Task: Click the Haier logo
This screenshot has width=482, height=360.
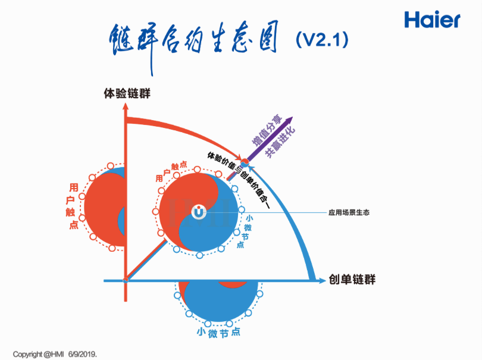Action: point(432,19)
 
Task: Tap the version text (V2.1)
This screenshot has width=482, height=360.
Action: point(321,39)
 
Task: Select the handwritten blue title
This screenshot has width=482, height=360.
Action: point(194,42)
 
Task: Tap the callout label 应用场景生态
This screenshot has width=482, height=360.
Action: point(349,212)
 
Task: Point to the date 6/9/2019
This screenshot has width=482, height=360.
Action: point(90,353)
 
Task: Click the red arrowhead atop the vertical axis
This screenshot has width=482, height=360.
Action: point(126,108)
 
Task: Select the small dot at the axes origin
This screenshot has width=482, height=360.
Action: point(126,280)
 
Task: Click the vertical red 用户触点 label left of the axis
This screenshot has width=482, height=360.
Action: point(73,205)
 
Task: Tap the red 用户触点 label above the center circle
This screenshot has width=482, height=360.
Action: point(170,171)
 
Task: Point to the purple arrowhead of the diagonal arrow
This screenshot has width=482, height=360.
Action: point(292,118)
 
